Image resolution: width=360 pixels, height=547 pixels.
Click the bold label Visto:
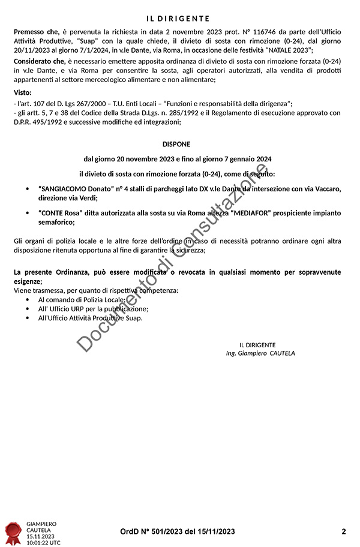[22, 92]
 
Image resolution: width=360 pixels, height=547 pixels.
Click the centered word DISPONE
[176, 145]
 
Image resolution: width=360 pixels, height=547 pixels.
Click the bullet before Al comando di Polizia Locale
[28, 299]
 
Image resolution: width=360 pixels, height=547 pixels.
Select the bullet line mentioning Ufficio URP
[92, 308]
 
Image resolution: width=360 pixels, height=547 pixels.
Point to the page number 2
[344, 531]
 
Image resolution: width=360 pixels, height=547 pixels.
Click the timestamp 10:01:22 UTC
[43, 542]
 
